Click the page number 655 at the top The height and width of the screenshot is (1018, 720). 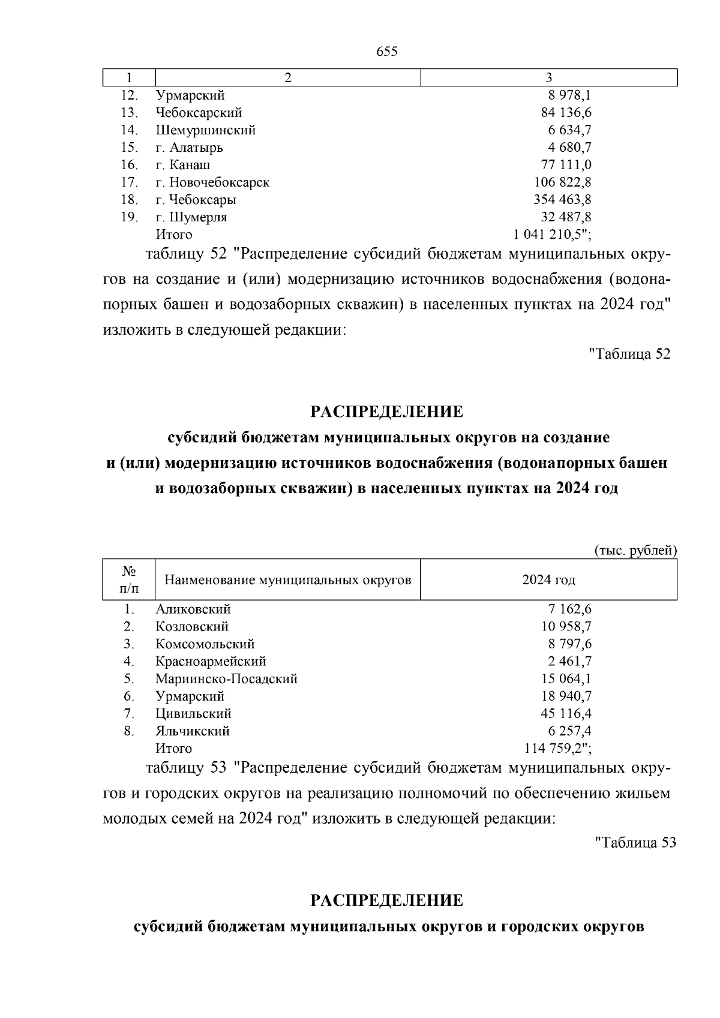(x=386, y=52)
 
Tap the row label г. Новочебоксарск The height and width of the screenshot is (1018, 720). (x=212, y=182)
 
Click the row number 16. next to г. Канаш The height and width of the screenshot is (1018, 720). (x=130, y=165)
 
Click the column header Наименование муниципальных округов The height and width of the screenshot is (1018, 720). (x=287, y=580)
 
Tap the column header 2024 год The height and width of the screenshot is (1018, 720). (x=548, y=580)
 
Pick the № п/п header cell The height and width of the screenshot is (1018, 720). (x=129, y=580)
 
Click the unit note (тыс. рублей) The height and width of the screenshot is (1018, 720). (x=635, y=551)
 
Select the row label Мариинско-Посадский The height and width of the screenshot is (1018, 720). (x=226, y=679)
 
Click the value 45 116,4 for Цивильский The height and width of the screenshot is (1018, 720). (x=566, y=714)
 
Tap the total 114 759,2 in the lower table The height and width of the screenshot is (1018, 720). (x=557, y=749)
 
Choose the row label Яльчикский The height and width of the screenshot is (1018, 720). (x=192, y=731)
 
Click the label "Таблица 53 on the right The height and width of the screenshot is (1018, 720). (x=635, y=843)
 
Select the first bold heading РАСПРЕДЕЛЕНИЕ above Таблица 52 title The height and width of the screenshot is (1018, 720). (x=386, y=412)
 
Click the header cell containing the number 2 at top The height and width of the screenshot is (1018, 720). (x=287, y=78)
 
